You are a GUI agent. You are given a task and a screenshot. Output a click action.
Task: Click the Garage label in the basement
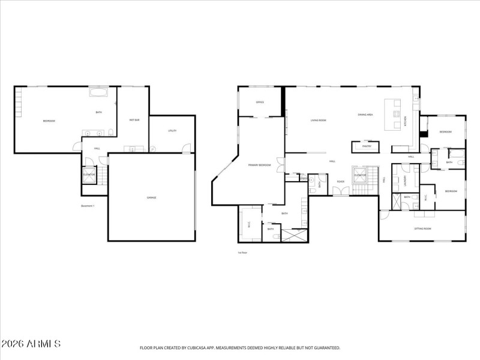[x=152, y=197]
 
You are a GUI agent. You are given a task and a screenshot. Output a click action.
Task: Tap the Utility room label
[x=172, y=131]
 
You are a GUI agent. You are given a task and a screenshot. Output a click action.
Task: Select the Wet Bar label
[x=134, y=120]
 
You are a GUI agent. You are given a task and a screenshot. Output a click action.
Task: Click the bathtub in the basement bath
[x=99, y=92]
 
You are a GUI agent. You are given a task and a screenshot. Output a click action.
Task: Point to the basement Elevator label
[x=89, y=175]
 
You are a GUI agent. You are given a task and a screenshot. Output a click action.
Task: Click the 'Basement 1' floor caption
[x=88, y=206]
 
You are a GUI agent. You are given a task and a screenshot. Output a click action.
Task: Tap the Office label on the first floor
[x=260, y=103]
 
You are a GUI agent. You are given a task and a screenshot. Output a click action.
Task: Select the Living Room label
[x=318, y=121]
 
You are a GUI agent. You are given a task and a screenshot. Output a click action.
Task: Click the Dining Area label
[x=365, y=115]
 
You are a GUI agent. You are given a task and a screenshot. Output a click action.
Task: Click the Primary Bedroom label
[x=260, y=165]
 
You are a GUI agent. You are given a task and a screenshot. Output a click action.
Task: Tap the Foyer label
[x=340, y=181]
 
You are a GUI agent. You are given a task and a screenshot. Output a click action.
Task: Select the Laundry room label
[x=407, y=180]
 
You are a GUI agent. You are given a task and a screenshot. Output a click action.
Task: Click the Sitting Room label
[x=422, y=229]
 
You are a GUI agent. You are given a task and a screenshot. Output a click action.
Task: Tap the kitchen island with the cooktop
[x=395, y=115]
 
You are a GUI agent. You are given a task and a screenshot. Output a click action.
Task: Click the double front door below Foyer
[x=340, y=191]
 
